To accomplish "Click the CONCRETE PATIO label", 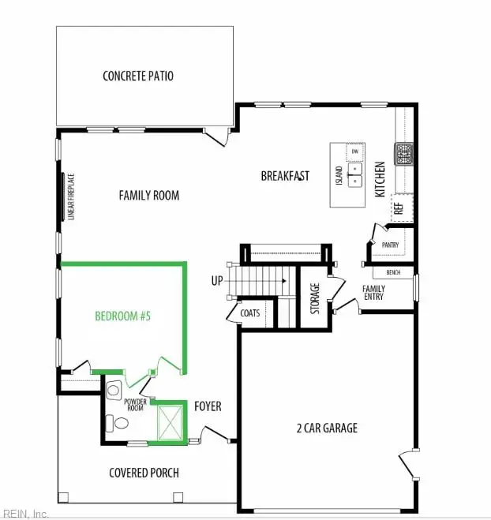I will [138, 77].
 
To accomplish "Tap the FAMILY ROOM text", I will [148, 195].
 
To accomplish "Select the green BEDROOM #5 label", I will [122, 316].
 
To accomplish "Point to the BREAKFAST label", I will [285, 176].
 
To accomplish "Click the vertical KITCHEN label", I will [380, 180].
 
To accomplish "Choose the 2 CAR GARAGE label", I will [328, 428].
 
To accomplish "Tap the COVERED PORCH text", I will [144, 473].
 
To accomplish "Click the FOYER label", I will [208, 406].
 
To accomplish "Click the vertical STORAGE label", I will [315, 299].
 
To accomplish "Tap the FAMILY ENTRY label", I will [373, 293].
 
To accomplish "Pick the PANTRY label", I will [390, 245].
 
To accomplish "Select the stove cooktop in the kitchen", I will [405, 152].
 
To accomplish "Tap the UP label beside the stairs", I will [217, 280].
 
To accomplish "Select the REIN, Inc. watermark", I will [25, 513].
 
